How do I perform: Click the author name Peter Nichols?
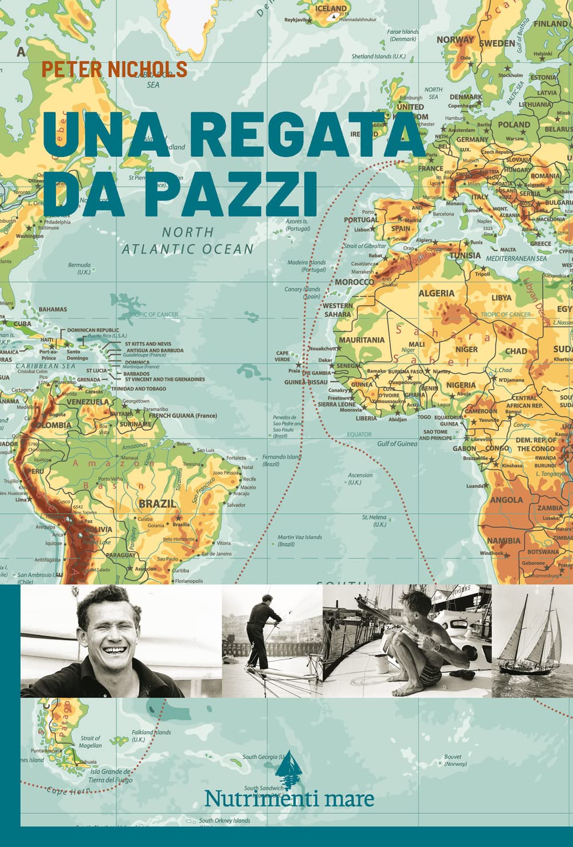click(114, 69)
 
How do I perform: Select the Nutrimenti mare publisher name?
click(289, 799)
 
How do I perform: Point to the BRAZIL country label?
click(157, 503)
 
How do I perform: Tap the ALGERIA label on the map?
click(436, 293)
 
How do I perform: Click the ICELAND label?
click(331, 9)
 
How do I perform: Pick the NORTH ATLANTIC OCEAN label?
click(187, 241)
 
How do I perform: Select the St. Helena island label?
click(374, 521)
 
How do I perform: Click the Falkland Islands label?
click(151, 735)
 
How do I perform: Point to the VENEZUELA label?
click(88, 402)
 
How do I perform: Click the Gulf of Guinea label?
click(397, 443)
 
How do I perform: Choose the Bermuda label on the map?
click(79, 268)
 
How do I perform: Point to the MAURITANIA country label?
click(362, 340)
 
